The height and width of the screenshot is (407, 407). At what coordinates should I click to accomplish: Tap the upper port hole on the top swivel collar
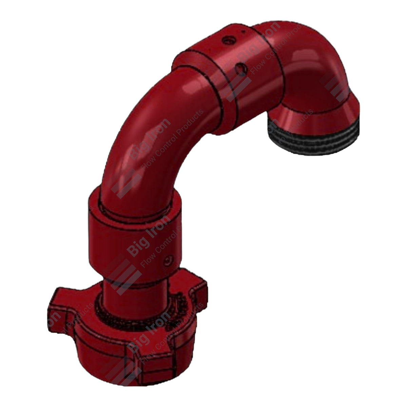click(x=227, y=41)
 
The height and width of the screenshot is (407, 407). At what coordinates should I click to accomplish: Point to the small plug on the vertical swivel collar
click(x=167, y=261)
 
